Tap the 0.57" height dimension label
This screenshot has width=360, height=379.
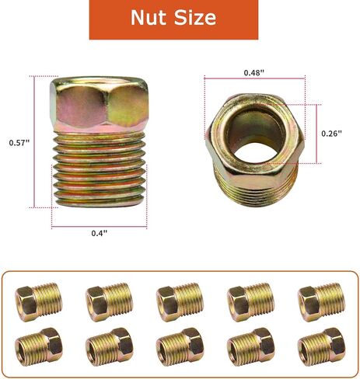[17, 143]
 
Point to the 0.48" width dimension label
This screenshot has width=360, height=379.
[253, 72]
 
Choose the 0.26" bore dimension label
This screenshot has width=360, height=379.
[332, 133]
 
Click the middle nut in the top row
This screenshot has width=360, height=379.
[180, 298]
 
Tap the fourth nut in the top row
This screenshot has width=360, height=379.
[250, 298]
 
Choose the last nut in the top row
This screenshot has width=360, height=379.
[321, 298]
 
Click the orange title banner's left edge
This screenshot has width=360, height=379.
[93, 19]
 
